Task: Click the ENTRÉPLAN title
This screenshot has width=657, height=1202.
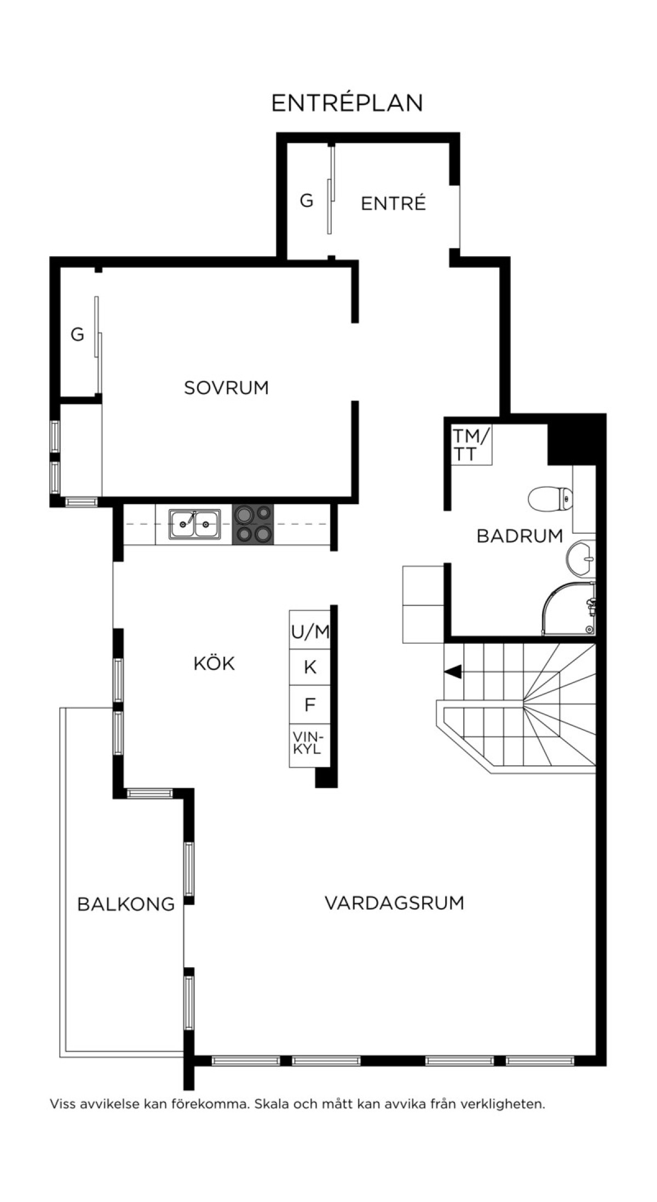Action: coord(347,102)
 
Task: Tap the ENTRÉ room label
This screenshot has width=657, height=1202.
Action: coord(393,203)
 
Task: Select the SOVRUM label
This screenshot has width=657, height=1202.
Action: coord(226,388)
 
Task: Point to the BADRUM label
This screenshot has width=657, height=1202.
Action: coord(520,536)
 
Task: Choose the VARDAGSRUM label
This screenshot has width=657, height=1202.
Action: coord(394,903)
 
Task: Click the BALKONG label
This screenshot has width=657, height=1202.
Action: coord(126,904)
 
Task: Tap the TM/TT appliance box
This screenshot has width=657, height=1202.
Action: coord(471,444)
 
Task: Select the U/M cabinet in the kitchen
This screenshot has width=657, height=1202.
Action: coord(310,630)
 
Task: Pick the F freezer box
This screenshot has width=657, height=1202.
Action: coord(310,704)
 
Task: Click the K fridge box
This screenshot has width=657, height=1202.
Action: coord(310,667)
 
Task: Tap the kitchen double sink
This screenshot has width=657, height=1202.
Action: coord(194,524)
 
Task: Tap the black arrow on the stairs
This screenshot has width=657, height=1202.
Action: coord(453,672)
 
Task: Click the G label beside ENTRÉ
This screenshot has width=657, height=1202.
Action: coord(307,201)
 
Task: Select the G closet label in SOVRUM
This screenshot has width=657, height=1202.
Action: coord(78,334)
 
